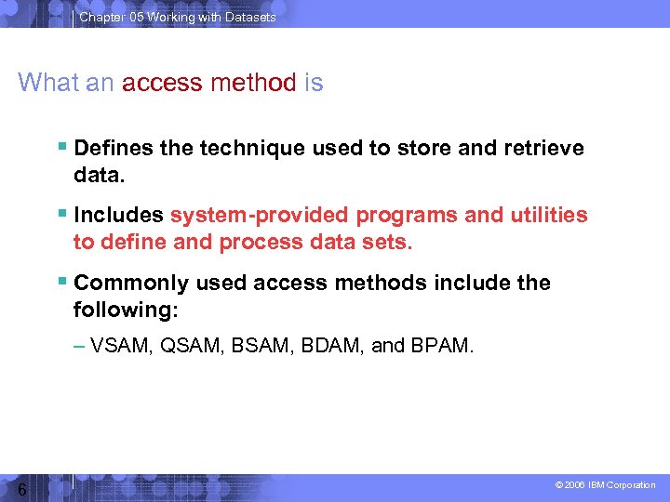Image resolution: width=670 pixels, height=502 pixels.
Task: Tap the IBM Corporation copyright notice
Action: (x=605, y=485)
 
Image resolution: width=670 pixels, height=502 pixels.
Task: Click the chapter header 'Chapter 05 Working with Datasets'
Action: (x=177, y=17)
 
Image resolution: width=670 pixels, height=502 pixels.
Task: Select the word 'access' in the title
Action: (x=161, y=83)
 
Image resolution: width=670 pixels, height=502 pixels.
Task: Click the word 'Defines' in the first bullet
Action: (x=113, y=148)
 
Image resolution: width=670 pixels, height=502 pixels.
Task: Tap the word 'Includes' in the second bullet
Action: (x=118, y=215)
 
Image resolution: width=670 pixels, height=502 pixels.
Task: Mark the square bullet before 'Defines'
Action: (x=62, y=148)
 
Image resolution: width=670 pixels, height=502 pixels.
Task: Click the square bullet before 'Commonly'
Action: (x=62, y=282)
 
